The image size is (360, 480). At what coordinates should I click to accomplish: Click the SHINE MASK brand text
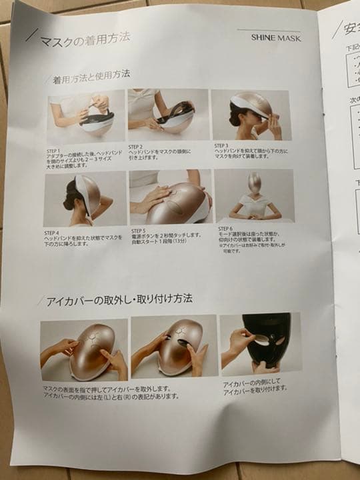point(276,38)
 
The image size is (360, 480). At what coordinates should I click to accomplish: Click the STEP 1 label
point(55,151)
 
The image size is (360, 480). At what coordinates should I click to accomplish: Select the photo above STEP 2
point(167,115)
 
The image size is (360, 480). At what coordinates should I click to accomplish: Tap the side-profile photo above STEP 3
point(249,115)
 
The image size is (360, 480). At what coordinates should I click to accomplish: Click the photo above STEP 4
point(85,199)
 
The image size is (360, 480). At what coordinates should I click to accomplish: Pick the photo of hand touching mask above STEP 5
point(170,197)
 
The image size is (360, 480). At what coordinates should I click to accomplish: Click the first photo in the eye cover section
point(83,350)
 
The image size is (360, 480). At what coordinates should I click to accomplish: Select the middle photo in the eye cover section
point(173,347)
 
